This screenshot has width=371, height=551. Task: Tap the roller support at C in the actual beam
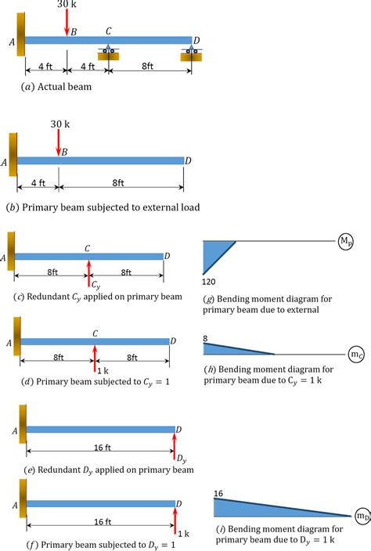109,52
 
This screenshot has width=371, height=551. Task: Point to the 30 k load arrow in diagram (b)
58,142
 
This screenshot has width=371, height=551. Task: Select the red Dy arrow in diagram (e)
175,445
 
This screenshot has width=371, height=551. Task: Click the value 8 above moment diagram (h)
205,316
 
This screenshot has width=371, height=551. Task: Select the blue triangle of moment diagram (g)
213,254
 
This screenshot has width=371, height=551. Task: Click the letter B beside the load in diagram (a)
74,33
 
